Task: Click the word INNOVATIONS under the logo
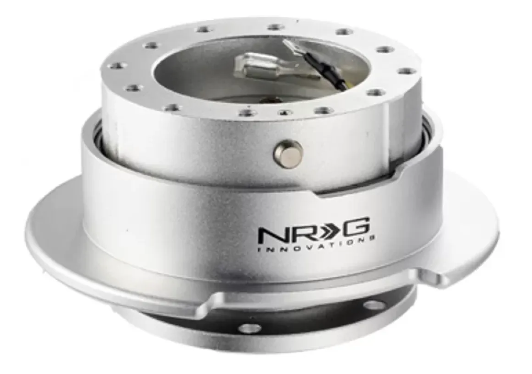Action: [x=316, y=245]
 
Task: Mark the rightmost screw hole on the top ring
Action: [x=404, y=71]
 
